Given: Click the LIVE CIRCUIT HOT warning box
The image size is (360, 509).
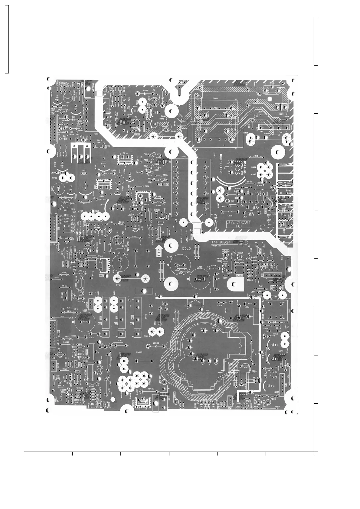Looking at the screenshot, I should (x=239, y=224).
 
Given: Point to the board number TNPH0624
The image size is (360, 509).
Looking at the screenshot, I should (x=221, y=242).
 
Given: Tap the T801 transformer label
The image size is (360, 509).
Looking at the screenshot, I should (x=183, y=157).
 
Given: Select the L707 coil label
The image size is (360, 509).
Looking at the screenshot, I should (x=200, y=267).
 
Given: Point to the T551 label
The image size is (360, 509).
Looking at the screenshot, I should (x=207, y=310).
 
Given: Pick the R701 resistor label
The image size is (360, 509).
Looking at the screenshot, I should (x=118, y=285).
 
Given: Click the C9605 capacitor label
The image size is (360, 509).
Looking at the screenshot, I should (x=139, y=352).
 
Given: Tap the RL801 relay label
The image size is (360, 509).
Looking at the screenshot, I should (x=201, y=84).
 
